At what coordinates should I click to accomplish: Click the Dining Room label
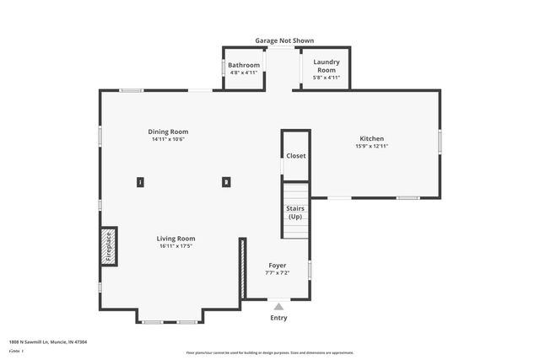168,132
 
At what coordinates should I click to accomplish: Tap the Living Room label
175,239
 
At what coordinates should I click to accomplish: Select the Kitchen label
371,138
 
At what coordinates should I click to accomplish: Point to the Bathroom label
244,65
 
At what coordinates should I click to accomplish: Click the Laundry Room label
326,66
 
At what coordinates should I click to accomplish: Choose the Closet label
296,156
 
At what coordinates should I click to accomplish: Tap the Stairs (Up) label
295,212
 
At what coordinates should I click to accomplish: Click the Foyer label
278,265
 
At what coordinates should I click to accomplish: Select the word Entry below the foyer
278,318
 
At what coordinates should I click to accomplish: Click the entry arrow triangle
278,306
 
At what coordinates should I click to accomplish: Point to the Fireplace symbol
108,245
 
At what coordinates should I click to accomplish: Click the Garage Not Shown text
285,40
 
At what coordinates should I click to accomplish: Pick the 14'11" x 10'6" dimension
168,140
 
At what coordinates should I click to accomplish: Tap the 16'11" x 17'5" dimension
175,246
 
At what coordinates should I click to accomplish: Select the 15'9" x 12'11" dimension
371,147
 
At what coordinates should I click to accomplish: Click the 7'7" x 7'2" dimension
278,272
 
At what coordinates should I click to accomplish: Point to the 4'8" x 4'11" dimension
244,73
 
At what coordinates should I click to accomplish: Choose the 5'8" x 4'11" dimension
326,78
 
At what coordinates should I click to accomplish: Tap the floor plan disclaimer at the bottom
270,352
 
